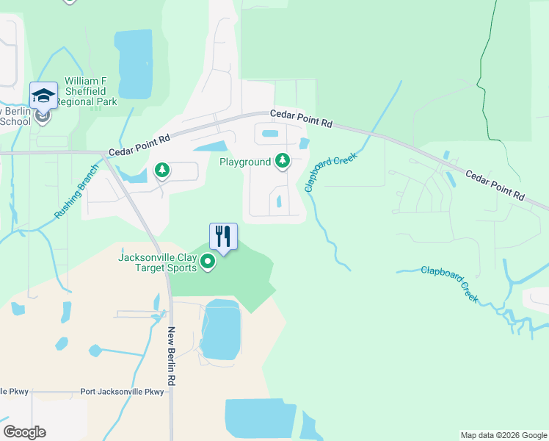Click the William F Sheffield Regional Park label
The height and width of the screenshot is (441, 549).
tap(90, 91)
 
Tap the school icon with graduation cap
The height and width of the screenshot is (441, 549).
tap(43, 96)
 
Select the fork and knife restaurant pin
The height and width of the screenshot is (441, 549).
tap(223, 237)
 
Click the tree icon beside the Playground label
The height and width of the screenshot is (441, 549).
tap(283, 161)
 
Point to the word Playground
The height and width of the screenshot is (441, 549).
tap(245, 161)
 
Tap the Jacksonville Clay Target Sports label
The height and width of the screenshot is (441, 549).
tap(158, 262)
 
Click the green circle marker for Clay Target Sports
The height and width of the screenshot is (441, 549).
tap(208, 262)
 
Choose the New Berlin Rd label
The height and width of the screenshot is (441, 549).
tap(172, 356)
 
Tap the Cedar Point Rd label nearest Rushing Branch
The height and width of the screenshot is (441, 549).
tap(139, 143)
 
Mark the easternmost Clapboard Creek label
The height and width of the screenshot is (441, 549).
tap(449, 284)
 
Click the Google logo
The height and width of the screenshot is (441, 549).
tap(24, 432)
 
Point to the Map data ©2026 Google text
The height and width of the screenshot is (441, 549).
tap(503, 435)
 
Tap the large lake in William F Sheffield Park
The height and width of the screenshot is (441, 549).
tap(134, 65)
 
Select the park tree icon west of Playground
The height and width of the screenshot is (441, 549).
tap(162, 171)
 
